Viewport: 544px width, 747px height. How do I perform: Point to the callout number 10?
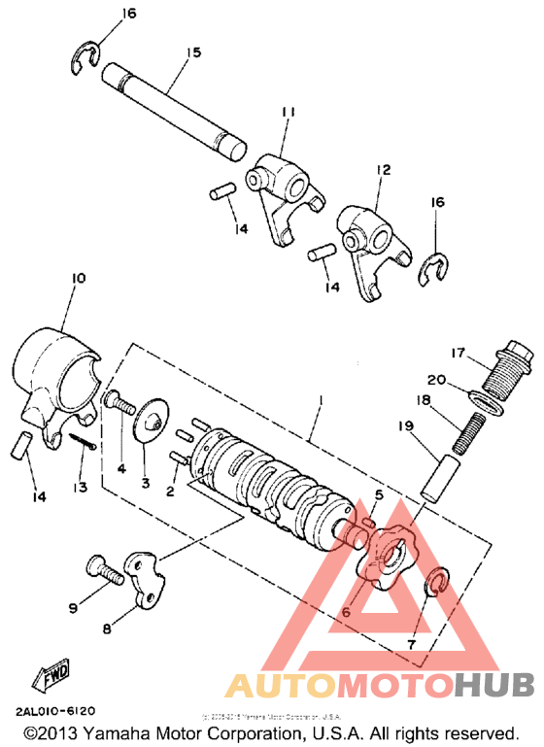click(x=78, y=279)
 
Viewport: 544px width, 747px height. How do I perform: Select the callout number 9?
click(x=73, y=608)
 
